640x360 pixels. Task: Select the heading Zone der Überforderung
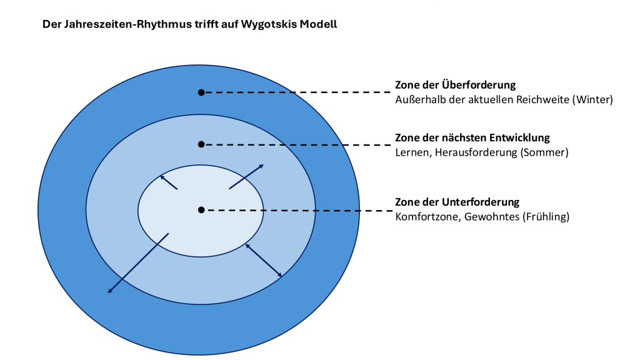pyautogui.click(x=456, y=85)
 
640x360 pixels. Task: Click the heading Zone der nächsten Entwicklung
pyautogui.click(x=472, y=137)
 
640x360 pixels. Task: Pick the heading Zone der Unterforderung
pyautogui.click(x=457, y=202)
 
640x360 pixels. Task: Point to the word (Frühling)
pyautogui.click(x=547, y=217)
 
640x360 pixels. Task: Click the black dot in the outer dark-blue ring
pyautogui.click(x=201, y=92)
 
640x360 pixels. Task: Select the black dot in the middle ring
pyautogui.click(x=201, y=144)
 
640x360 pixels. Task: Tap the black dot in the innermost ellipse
pyautogui.click(x=201, y=210)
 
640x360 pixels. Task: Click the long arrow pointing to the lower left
pyautogui.click(x=138, y=263)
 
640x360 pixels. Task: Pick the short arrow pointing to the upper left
pyautogui.click(x=169, y=182)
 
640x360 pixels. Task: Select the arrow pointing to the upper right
pyautogui.click(x=246, y=176)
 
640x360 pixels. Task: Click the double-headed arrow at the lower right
pyautogui.click(x=264, y=260)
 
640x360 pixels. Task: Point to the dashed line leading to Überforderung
pyautogui.click(x=297, y=92)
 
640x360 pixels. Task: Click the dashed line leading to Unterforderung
pyautogui.click(x=297, y=211)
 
